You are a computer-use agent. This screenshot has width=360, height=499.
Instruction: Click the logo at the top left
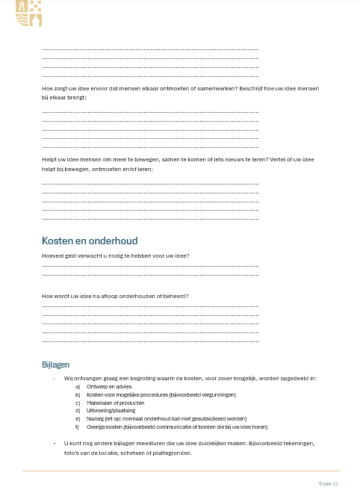[x=28, y=13]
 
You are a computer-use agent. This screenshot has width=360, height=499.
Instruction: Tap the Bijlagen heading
[x=55, y=365]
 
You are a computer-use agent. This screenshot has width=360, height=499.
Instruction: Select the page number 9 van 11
[x=329, y=484]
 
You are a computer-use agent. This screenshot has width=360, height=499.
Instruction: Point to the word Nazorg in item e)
[x=94, y=419]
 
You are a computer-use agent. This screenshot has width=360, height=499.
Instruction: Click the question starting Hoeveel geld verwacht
[x=116, y=256]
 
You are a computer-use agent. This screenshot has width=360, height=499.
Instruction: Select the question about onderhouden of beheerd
[x=115, y=297]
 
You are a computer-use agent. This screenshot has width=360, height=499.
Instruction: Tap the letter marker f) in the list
[x=78, y=427]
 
